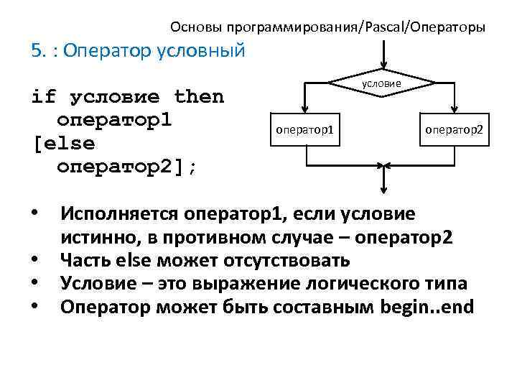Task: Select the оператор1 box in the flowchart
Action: pos(306,129)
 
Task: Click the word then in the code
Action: pos(199,96)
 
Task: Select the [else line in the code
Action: pos(63,142)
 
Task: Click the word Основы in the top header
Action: pos(195,28)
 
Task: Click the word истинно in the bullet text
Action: pos(96,238)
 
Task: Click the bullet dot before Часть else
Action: pos(35,260)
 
